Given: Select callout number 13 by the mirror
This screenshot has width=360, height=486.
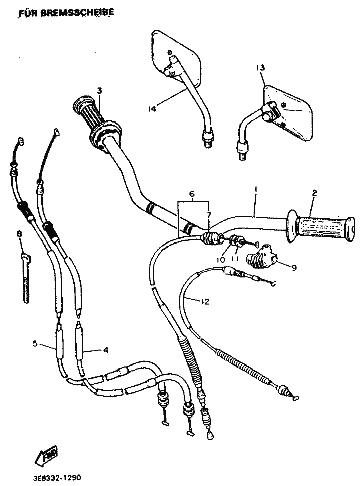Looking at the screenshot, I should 260,67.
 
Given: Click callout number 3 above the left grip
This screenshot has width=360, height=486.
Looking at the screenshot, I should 99,91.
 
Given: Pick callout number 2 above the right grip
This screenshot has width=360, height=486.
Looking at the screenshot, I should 315,192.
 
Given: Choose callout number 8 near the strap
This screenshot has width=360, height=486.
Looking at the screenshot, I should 19,234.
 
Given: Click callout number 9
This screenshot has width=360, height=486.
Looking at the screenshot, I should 294,268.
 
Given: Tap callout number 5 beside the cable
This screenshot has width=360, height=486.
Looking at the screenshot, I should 35,344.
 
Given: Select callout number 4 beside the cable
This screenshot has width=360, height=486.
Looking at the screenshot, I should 105,350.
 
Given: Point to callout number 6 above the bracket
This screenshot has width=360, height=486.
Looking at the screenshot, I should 191,193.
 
